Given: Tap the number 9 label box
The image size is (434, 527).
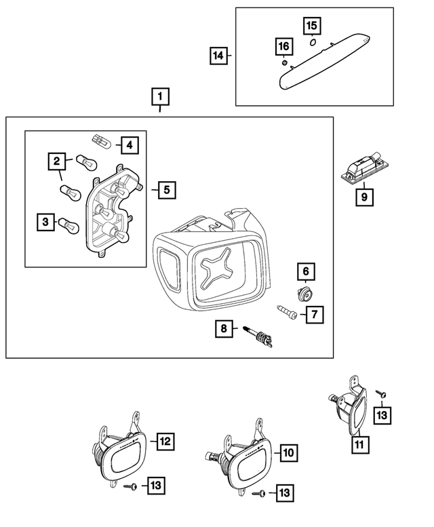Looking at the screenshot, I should (x=364, y=197).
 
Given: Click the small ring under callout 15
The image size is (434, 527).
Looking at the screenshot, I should (x=313, y=41).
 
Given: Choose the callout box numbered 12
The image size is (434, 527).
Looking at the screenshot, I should (x=165, y=442).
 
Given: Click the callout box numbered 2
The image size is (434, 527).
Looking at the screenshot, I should (x=57, y=161).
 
